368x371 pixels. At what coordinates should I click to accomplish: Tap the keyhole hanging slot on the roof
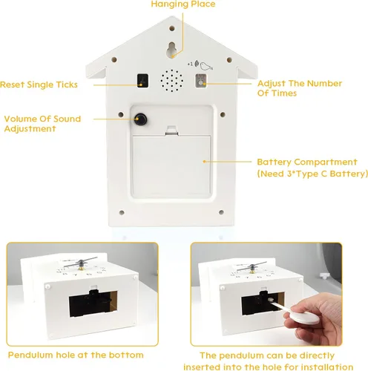(172, 50)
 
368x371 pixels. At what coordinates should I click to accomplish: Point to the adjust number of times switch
(201, 81)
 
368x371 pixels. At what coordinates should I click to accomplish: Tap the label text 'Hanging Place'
(183, 4)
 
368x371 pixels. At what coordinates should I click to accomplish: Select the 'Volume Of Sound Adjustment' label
(40, 123)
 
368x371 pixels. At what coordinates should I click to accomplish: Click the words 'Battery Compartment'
(306, 161)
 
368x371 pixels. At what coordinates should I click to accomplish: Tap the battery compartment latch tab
(171, 131)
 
